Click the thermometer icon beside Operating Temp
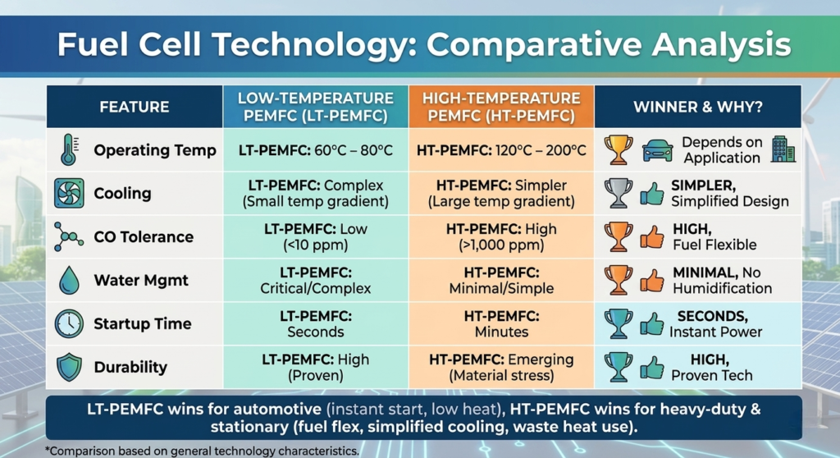[69, 149]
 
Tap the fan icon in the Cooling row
[69, 193]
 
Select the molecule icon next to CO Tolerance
[68, 236]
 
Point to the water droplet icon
[69, 280]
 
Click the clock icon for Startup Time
[69, 323]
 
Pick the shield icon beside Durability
[70, 368]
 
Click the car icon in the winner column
[657, 150]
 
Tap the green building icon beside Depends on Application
[783, 149]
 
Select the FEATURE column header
[134, 107]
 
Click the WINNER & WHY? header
[698, 107]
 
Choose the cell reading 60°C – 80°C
[316, 150]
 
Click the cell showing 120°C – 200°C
[501, 150]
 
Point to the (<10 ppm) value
[316, 245]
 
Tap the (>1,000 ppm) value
[501, 245]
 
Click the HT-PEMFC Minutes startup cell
[501, 324]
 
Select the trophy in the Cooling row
[619, 193]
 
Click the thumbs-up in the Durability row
[652, 368]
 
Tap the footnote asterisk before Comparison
[47, 450]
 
